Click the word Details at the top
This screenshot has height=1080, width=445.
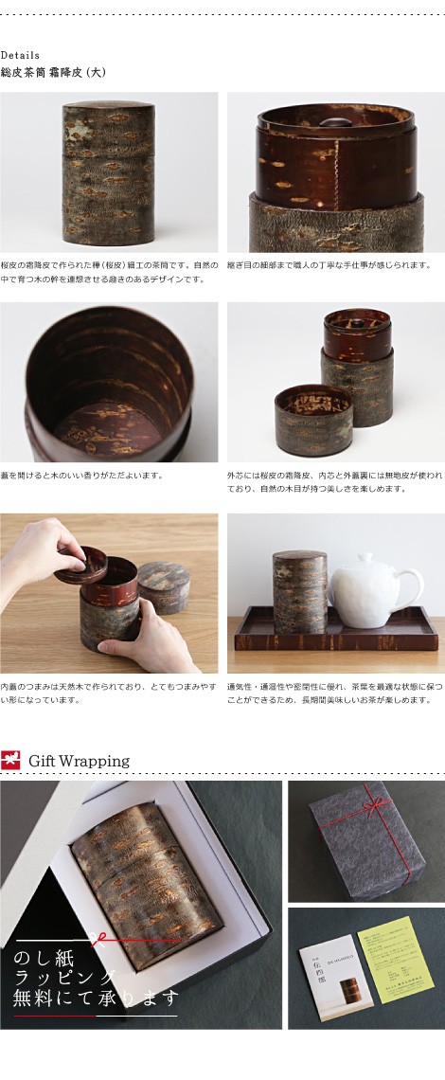click(20, 55)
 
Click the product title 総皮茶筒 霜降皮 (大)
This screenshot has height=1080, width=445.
click(53, 72)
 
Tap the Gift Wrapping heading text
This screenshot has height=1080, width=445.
click(79, 761)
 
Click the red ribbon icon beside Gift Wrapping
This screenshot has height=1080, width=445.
click(10, 761)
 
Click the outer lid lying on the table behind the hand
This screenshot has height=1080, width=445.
click(163, 585)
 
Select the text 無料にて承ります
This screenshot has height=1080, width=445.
click(95, 998)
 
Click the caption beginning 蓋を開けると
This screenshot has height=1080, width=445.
click(81, 476)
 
